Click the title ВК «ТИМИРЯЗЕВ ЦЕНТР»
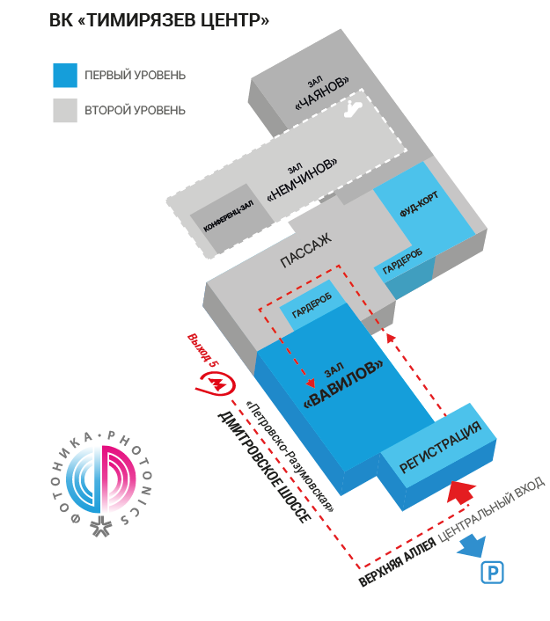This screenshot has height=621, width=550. click(x=159, y=20)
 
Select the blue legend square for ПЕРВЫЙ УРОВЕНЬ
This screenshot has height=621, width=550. click(x=65, y=75)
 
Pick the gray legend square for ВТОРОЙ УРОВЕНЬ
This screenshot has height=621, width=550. click(x=65, y=110)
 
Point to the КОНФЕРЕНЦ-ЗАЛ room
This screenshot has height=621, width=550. click(x=229, y=215)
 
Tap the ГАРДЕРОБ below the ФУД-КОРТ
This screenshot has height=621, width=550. click(x=403, y=262)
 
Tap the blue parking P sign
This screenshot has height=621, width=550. click(x=493, y=573)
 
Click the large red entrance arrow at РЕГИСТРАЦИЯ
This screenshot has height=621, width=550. click(x=463, y=489)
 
